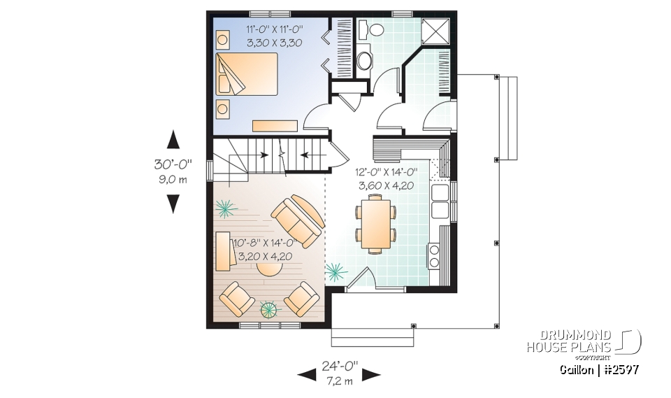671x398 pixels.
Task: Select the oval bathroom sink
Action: [365, 61]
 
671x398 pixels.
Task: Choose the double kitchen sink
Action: [441, 201]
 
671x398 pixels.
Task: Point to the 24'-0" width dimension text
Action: [339, 366]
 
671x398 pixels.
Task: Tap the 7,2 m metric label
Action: [339, 381]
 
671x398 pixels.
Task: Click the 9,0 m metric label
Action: [173, 179]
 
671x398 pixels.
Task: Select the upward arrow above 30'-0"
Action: [173, 140]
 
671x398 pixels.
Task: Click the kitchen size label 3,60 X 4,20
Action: [387, 185]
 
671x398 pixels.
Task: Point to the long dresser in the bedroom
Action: [275, 126]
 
